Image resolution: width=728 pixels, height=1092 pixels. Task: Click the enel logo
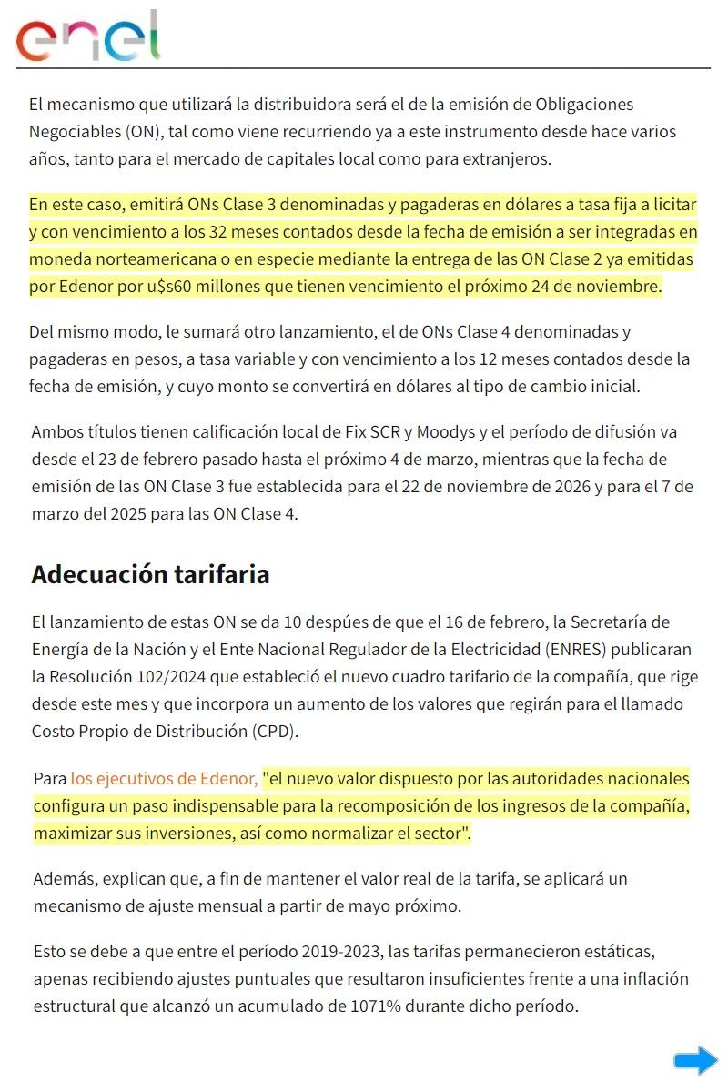click(x=87, y=36)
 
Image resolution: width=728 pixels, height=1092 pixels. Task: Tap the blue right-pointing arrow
click(x=696, y=1060)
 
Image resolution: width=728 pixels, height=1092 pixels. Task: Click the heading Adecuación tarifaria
click(x=150, y=575)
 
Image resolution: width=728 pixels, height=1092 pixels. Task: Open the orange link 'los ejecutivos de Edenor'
click(x=164, y=779)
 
